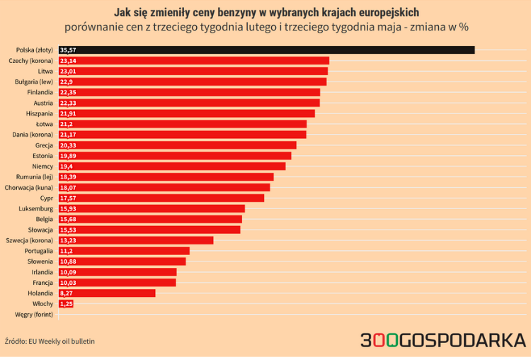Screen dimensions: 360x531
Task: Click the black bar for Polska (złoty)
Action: pyautogui.click(x=269, y=50)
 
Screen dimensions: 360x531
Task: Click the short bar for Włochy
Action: pyautogui.click(x=66, y=303)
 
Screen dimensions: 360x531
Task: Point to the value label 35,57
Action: pyautogui.click(x=69, y=50)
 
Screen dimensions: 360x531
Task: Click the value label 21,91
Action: pyautogui.click(x=68, y=113)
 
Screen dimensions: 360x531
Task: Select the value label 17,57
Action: pyautogui.click(x=68, y=198)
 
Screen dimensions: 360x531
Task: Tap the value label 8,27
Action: pyautogui.click(x=67, y=293)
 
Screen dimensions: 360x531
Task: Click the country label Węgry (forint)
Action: pyautogui.click(x=34, y=314)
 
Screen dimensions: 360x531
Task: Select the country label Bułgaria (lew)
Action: pyautogui.click(x=33, y=82)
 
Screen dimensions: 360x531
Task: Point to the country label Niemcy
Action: pyautogui.click(x=42, y=167)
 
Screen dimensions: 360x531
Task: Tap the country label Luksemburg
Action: pyautogui.click(x=36, y=208)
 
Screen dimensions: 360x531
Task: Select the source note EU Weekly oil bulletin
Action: pyautogui.click(x=62, y=341)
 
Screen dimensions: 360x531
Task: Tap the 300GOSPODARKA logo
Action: pyautogui.click(x=442, y=340)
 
